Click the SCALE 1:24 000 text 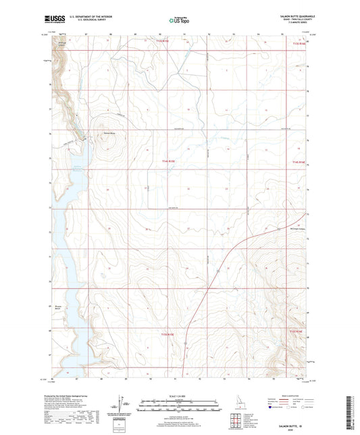point(179,396)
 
